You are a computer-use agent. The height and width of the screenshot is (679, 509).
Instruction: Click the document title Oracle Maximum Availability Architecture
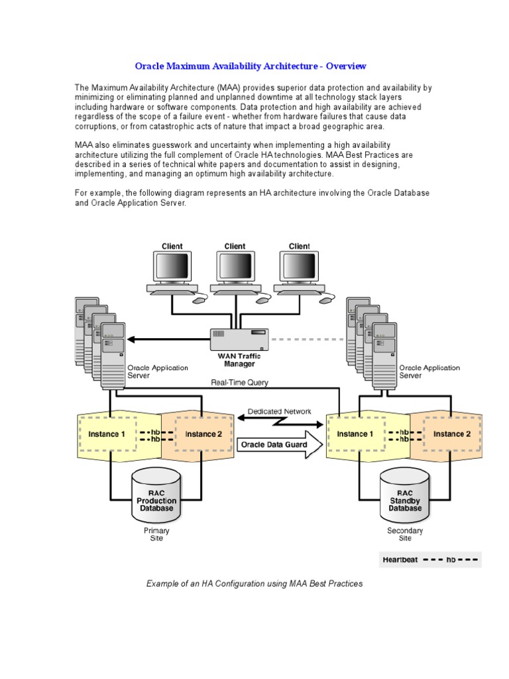251,66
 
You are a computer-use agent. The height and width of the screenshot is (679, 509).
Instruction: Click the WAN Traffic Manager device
239,339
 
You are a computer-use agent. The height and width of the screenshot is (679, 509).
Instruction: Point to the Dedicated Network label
279,411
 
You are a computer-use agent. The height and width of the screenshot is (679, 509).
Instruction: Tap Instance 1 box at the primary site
107,434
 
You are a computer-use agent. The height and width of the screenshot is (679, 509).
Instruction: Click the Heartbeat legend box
430,560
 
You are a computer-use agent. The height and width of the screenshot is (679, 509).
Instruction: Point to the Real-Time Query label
240,383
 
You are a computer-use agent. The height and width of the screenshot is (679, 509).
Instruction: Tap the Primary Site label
156,534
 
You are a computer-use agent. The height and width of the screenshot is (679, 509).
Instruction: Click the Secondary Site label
405,534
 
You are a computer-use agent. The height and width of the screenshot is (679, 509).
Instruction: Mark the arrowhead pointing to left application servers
131,339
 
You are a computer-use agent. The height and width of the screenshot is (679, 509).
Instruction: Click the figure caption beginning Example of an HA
254,584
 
